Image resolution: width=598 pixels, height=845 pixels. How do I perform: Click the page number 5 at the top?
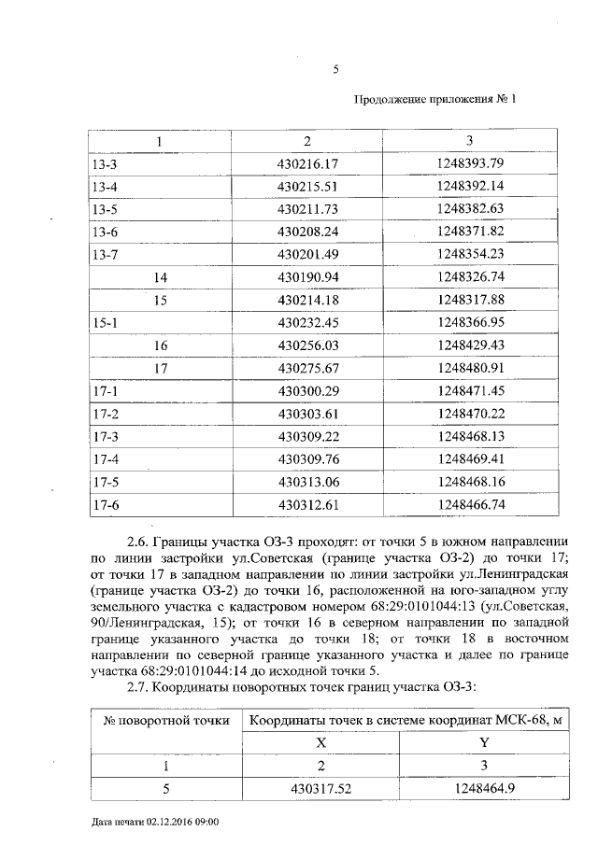335,67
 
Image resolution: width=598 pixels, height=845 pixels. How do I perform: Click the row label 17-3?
103,436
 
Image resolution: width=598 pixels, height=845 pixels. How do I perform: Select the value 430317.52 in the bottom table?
320,789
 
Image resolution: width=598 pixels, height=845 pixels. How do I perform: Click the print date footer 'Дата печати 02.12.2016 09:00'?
156,822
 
